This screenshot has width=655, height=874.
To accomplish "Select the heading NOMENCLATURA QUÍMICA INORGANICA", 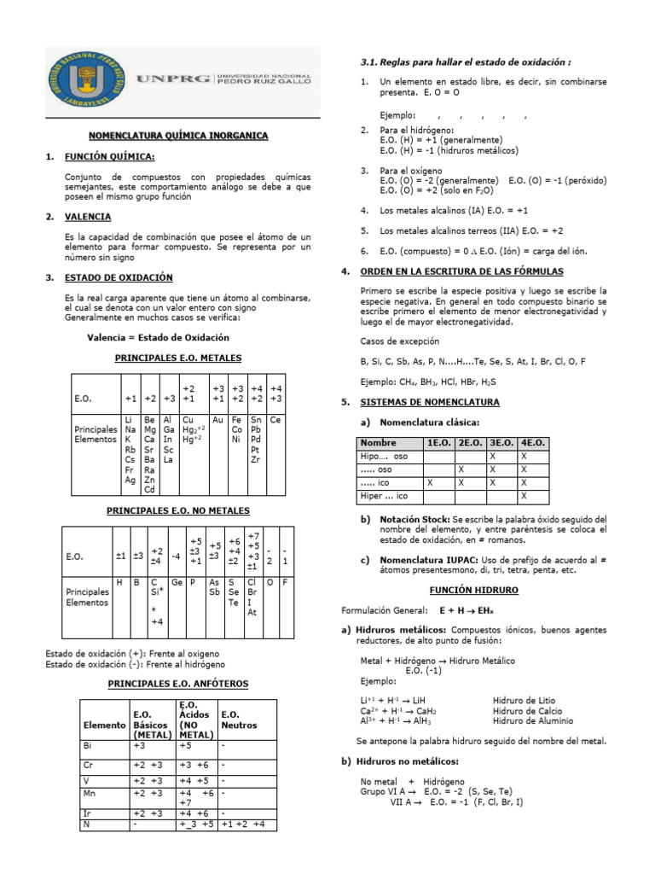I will coord(179,136).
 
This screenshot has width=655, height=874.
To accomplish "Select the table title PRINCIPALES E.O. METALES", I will coord(178,358).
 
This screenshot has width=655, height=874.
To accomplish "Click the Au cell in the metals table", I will coord(217,420).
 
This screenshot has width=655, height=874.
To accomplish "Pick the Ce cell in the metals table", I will coord(275,420).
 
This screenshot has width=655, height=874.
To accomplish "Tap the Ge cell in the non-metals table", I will coord(177,582).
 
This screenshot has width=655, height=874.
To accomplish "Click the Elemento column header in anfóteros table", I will coord(104,725).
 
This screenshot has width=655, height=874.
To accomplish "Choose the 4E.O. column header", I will coord(533,443).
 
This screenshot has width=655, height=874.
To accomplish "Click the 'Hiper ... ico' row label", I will coord(385,495).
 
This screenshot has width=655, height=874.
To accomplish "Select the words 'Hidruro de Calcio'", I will coord(527,710).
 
